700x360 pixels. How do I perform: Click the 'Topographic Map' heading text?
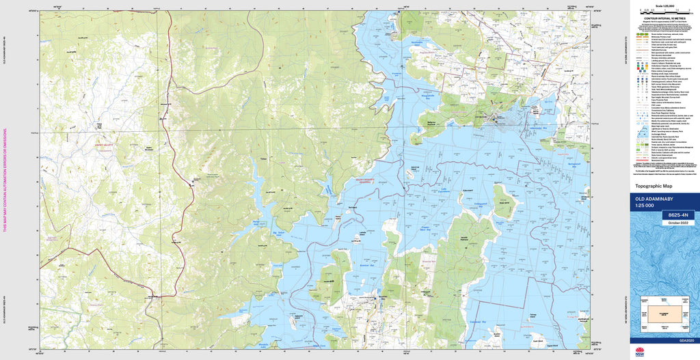(x=654, y=186)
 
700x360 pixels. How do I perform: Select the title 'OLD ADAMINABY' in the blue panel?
(x=650, y=199)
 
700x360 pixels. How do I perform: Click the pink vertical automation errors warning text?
(x=5, y=180)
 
